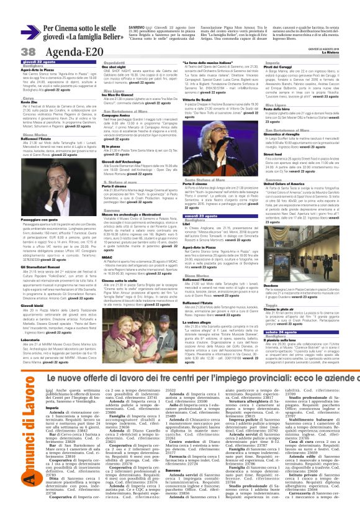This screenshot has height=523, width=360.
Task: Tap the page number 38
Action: pyautogui.click(x=11, y=51)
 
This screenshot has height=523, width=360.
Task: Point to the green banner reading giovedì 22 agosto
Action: pyautogui.click(x=38, y=63)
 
